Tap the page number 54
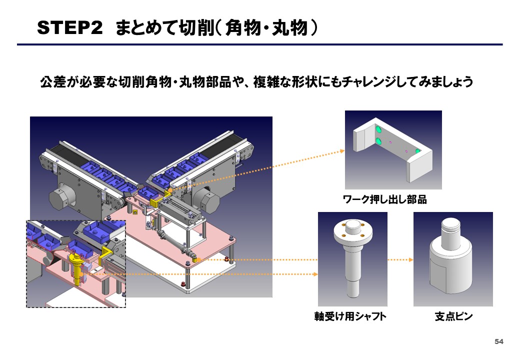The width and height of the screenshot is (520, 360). point(498,341)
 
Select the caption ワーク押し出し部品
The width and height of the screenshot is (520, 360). point(384,200)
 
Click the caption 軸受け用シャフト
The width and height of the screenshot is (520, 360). point(350,316)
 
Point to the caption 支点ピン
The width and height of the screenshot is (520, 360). point(453,316)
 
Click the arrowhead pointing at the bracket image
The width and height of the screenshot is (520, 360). point(342,150)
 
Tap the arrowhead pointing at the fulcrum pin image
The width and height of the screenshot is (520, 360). point(410,260)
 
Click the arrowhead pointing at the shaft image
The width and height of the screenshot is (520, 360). point(315,274)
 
